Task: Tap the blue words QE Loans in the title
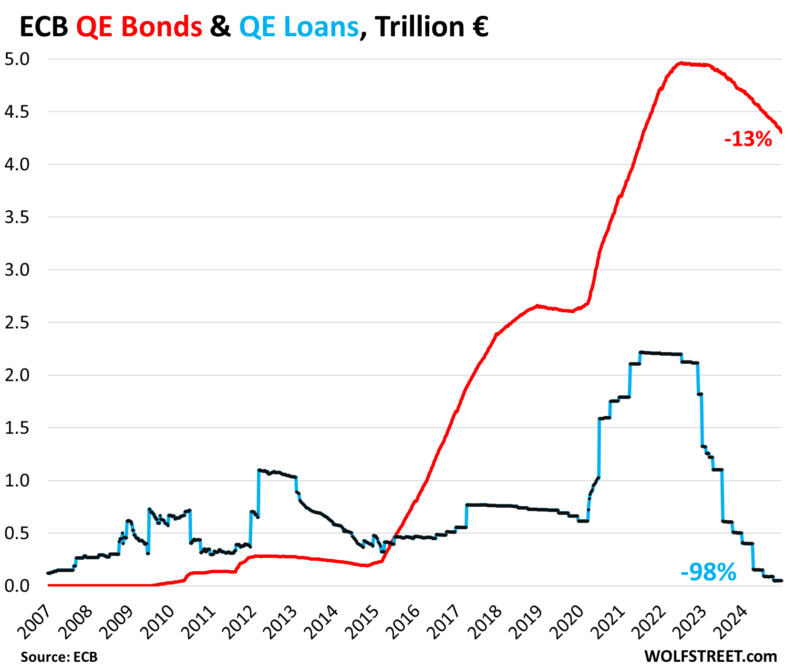point(299,27)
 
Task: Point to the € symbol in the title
point(478,27)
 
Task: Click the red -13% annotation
point(748,139)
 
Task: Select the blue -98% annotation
point(708,572)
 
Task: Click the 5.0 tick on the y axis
point(16,60)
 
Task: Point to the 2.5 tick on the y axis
point(16,323)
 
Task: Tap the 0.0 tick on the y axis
point(16,586)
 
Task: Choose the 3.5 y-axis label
point(16,217)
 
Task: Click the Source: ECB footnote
point(59,657)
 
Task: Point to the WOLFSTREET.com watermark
point(711,656)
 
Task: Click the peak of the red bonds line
point(682,63)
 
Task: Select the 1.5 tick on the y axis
point(16,428)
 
